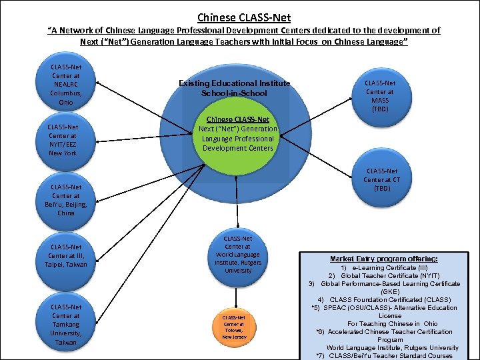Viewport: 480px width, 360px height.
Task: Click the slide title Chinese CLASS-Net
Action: tap(244, 17)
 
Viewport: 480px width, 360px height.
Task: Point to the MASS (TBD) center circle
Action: tap(380, 95)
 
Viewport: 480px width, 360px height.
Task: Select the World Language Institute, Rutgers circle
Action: tap(238, 255)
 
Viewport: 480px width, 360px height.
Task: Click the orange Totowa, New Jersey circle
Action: tap(235, 327)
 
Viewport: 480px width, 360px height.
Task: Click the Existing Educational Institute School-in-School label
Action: tap(235, 88)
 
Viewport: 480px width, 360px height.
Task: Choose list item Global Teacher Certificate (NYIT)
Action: tap(384, 275)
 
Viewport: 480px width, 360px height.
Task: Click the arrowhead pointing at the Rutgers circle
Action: tap(238, 227)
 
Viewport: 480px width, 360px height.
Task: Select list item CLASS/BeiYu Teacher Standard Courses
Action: tap(385, 355)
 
